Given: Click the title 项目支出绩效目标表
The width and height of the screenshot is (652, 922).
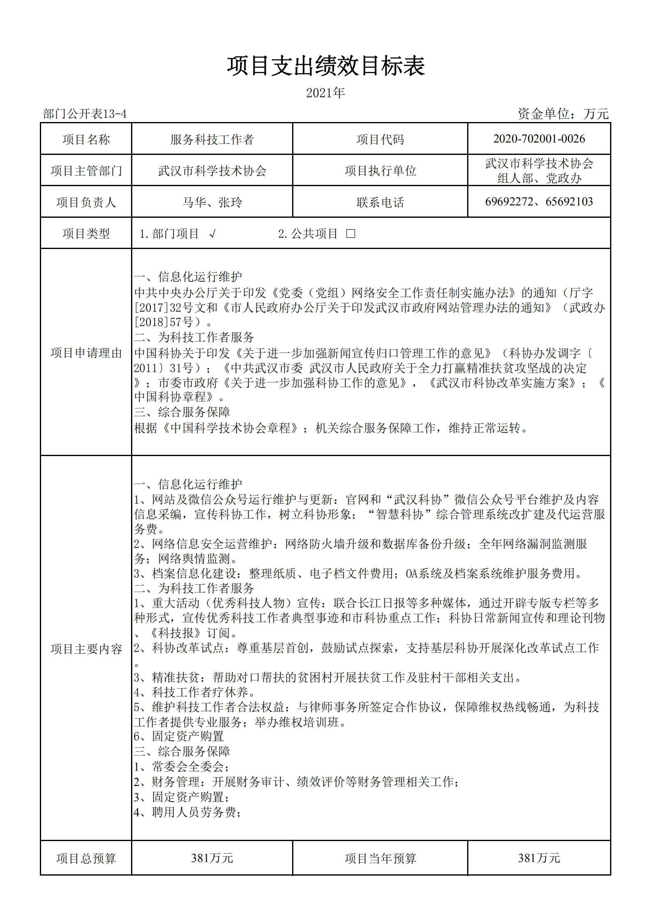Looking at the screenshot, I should [325, 66].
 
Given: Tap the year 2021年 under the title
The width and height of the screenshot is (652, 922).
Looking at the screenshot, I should [325, 93].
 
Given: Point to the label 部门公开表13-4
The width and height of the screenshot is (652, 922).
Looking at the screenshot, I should [85, 114].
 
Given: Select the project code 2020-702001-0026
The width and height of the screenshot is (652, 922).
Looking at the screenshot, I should [539, 139].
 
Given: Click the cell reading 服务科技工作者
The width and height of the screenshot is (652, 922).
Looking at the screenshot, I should [212, 140].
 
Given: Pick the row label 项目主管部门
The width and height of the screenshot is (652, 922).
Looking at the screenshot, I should [86, 171].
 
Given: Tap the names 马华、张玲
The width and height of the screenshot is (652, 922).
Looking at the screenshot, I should [212, 202].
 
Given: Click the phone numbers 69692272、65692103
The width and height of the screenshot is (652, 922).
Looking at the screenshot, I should [539, 202].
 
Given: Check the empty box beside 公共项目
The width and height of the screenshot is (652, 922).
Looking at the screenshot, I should [350, 234].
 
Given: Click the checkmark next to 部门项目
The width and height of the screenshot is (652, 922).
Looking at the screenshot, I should [212, 234].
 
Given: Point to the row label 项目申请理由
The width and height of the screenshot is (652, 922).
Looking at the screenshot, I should [86, 353].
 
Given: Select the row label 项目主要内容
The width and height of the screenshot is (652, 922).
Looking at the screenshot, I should [86, 649].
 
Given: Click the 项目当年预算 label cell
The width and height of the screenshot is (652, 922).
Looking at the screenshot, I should [380, 858].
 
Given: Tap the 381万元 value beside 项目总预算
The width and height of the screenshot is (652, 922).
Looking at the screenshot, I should [212, 858].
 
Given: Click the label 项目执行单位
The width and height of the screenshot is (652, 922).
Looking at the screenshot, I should [380, 171].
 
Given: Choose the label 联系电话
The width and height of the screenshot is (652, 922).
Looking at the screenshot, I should [380, 202].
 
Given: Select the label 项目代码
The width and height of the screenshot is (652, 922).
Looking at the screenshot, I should [380, 140].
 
